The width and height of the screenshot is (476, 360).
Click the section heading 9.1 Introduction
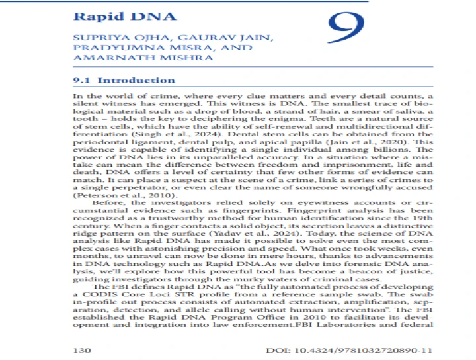point(124,81)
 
